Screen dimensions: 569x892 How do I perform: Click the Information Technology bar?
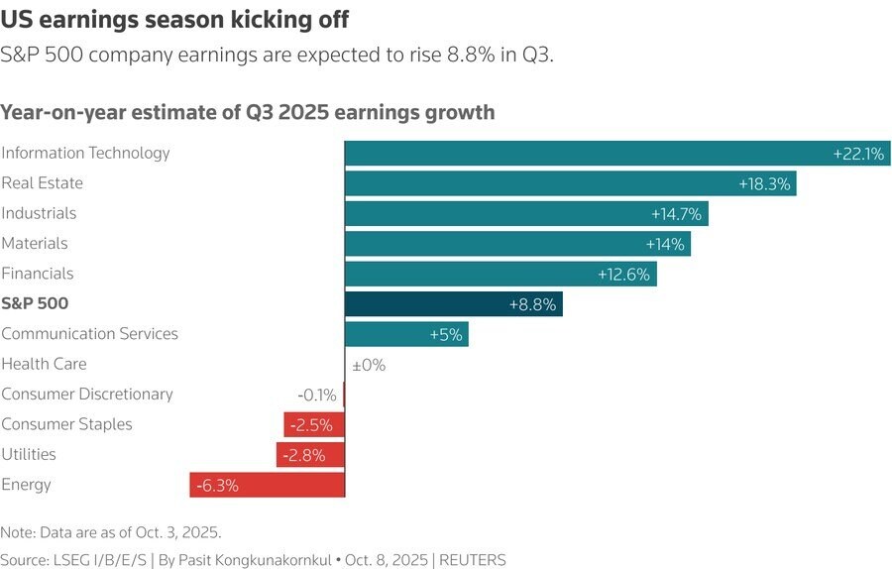click(616, 154)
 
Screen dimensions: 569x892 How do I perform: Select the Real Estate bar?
click(570, 183)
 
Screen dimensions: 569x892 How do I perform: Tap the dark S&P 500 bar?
click(453, 304)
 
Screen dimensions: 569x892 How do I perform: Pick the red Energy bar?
click(267, 485)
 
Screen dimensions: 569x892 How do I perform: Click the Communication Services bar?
click(406, 334)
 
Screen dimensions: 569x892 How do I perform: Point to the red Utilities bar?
click(310, 455)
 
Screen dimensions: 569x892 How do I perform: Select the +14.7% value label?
click(677, 214)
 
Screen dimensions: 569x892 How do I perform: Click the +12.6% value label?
click(623, 275)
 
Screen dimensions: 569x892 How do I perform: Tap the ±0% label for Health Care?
click(369, 365)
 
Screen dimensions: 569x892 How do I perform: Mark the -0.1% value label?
click(317, 395)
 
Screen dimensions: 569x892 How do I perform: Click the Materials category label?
click(34, 243)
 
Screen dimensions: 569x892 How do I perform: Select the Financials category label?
click(38, 274)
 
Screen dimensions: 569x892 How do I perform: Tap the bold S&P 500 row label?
click(35, 303)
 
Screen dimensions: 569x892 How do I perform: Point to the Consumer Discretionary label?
click(87, 395)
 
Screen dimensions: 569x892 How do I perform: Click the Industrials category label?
click(39, 213)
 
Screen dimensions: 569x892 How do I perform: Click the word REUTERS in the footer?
click(473, 560)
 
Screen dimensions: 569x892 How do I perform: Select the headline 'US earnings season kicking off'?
click(173, 19)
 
